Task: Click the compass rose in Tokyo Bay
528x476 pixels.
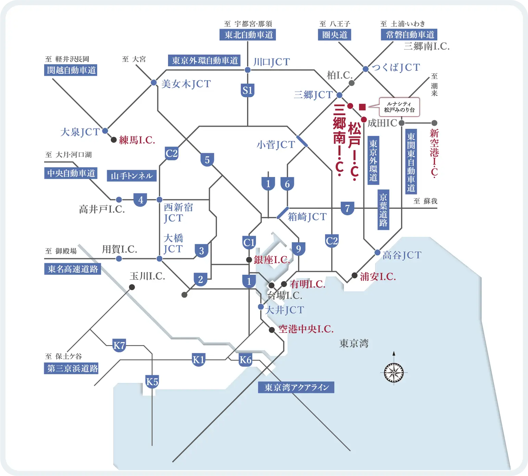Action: [x=394, y=372]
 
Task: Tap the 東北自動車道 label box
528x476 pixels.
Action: [x=248, y=35]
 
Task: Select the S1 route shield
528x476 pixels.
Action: [x=247, y=91]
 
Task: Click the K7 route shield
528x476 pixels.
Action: [x=119, y=345]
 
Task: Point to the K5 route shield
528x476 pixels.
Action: [x=152, y=381]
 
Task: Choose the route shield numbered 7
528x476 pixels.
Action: [x=347, y=208]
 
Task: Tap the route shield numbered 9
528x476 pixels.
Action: [x=298, y=249]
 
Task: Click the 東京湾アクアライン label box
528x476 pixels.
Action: [x=296, y=387]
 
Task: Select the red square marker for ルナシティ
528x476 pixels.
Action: [x=362, y=107]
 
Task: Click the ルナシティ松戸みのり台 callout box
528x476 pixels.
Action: [x=399, y=107]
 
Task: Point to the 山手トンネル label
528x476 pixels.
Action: [x=132, y=176]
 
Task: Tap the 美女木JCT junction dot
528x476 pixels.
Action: [x=154, y=83]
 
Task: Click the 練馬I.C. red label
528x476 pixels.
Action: [x=137, y=140]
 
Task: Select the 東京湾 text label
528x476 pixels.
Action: [x=354, y=343]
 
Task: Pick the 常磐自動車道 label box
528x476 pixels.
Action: [x=409, y=35]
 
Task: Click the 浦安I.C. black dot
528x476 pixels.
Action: [x=355, y=275]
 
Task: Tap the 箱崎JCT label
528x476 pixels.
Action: [x=307, y=217]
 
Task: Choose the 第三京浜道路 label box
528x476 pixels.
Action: [x=71, y=368]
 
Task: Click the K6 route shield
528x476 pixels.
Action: [x=245, y=360]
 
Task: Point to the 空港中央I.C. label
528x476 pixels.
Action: [x=306, y=329]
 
